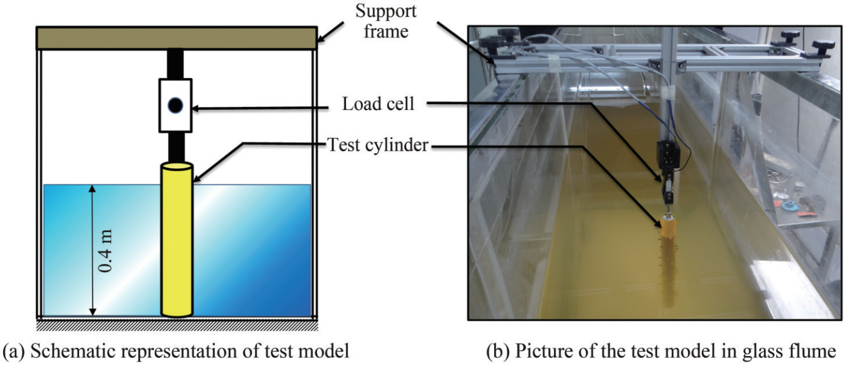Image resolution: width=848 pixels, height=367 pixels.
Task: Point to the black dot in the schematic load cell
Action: pos(175,106)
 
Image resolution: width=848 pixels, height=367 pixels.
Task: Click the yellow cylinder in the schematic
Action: pos(176,242)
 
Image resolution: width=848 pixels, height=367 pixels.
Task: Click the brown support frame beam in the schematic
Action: pos(176,38)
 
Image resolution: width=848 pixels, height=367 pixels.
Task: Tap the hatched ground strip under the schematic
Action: pos(176,325)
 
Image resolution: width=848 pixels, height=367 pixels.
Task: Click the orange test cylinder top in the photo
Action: pos(668,227)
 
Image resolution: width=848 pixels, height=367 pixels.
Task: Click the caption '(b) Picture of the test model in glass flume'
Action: pos(661,351)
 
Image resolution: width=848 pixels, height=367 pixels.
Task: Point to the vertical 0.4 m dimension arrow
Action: pos(92,250)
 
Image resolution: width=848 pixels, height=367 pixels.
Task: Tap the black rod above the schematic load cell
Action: pos(175,63)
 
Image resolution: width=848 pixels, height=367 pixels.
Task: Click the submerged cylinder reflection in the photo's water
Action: pos(667,266)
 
